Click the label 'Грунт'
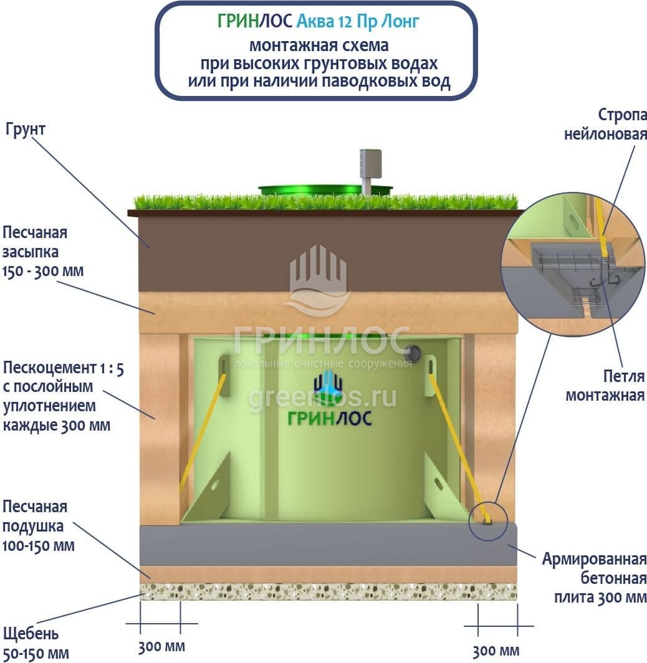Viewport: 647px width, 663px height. tap(26, 129)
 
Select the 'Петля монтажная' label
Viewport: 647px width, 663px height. tap(605, 385)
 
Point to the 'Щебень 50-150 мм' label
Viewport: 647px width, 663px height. tap(36, 644)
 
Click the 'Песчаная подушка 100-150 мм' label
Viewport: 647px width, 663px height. tap(39, 526)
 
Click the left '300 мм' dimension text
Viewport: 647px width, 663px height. tap(161, 646)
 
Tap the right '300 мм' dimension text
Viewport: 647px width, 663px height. tap(496, 651)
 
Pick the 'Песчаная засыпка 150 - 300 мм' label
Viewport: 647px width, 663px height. tap(44, 252)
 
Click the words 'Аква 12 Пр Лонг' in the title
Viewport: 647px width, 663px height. tap(357, 21)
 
